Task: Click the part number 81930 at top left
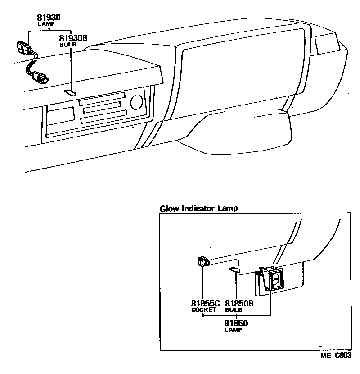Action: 49,18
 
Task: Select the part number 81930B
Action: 73,39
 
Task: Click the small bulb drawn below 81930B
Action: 70,93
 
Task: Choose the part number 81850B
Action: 239,303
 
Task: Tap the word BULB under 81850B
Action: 234,310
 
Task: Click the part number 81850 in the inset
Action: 236,323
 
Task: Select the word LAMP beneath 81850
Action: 233,329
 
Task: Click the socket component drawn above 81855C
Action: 203,261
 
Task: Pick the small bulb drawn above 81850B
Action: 234,270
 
